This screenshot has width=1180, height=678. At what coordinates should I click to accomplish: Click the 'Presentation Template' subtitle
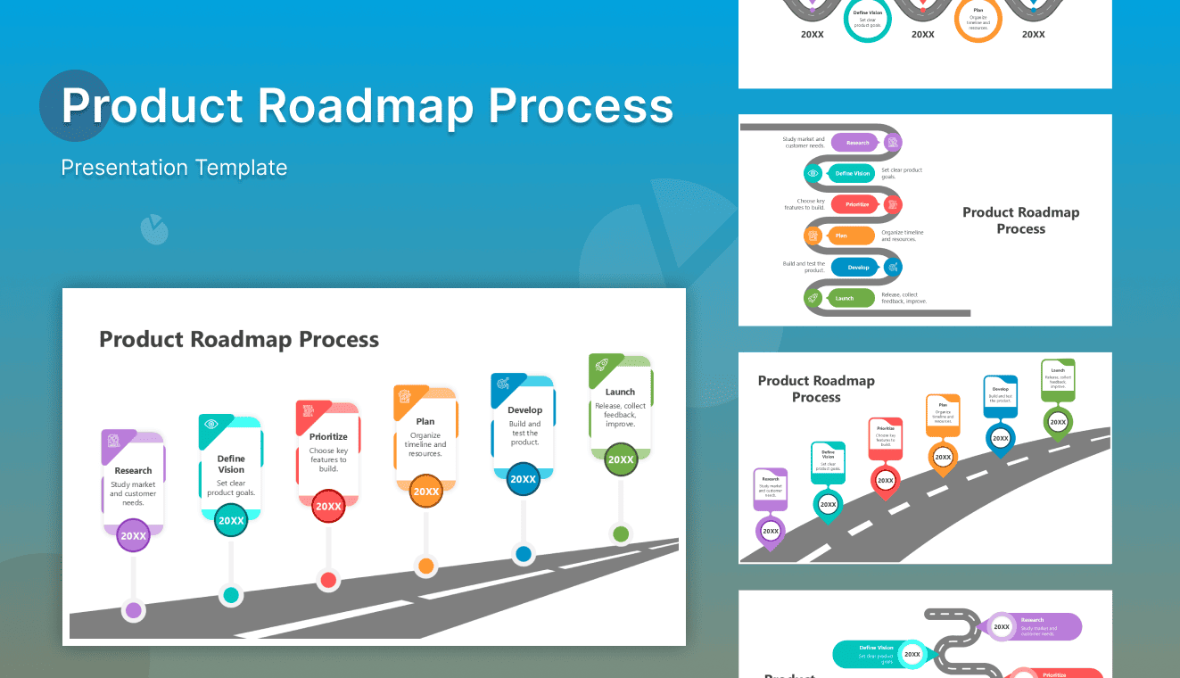point(174,168)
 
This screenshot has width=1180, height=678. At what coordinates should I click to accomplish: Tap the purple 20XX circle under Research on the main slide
point(134,535)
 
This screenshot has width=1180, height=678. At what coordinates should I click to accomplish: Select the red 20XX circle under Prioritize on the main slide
point(328,506)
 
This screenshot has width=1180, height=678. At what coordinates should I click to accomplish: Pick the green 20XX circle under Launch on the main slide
point(621,460)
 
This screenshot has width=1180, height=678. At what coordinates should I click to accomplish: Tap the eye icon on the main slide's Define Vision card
point(211,424)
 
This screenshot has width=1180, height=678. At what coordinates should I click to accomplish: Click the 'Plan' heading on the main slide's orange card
point(425,421)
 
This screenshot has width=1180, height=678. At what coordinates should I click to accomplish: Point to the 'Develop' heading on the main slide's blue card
point(524,410)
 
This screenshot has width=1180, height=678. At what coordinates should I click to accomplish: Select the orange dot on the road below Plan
point(426,566)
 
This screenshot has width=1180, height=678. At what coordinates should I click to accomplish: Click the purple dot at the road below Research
point(134,610)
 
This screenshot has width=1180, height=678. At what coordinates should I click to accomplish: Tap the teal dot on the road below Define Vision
point(231,594)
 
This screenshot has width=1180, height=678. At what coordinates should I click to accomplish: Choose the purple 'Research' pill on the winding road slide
point(856,143)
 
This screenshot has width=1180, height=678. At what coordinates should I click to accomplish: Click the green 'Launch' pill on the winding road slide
point(844,298)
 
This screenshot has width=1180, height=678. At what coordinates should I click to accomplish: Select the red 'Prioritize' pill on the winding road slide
point(856,204)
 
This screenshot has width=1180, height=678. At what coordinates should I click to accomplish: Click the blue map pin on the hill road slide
point(1000,439)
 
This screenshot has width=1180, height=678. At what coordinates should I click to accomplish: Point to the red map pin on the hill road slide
point(885,481)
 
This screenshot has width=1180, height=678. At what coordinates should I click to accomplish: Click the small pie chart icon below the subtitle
point(154,229)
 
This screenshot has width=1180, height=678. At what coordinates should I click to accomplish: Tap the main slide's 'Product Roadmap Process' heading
point(239,340)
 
